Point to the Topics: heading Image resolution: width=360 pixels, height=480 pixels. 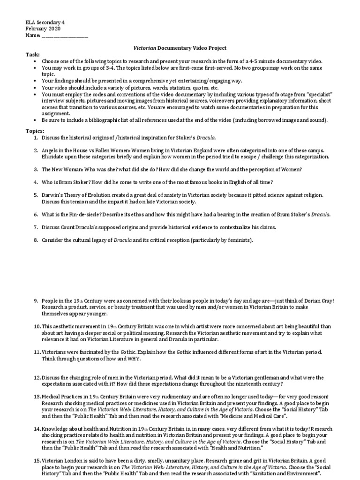point(35,131)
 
